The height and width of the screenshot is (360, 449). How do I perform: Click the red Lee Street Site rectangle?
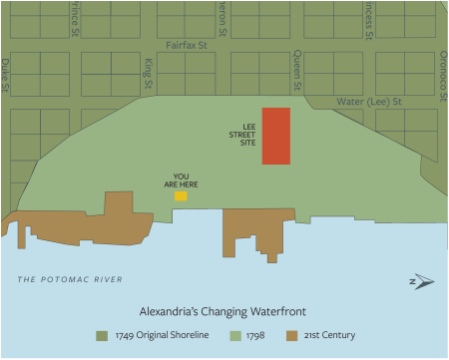coord(276,136)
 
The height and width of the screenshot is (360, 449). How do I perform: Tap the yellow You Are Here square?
coord(181,195)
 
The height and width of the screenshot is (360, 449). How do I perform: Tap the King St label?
coord(148,75)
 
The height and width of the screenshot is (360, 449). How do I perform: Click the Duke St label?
coord(5,75)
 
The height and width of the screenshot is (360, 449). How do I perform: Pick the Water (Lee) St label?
coord(368,102)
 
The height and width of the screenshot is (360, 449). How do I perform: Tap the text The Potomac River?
coord(70,279)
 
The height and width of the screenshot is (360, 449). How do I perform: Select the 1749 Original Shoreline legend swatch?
coord(101,335)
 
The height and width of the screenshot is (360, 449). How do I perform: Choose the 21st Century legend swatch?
coord(291,335)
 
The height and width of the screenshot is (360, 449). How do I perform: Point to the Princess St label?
coord(368,18)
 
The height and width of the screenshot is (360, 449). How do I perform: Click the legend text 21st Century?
coord(328,335)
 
